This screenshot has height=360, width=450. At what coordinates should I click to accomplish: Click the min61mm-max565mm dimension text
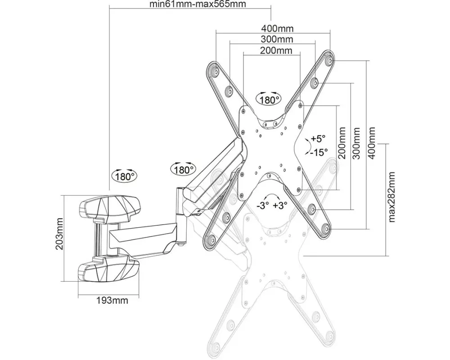198,4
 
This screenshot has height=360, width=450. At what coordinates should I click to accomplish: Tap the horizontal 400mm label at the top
277,28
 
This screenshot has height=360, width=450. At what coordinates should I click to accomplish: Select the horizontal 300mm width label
277,39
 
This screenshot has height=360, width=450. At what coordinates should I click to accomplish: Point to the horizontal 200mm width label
276,50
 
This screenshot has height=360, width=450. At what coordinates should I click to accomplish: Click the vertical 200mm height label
342,143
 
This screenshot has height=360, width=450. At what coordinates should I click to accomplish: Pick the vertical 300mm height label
356,143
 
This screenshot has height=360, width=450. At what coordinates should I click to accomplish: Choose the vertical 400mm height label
372,143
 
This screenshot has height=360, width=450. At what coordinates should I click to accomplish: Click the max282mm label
391,197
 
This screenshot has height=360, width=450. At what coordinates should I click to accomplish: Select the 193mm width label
112,301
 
